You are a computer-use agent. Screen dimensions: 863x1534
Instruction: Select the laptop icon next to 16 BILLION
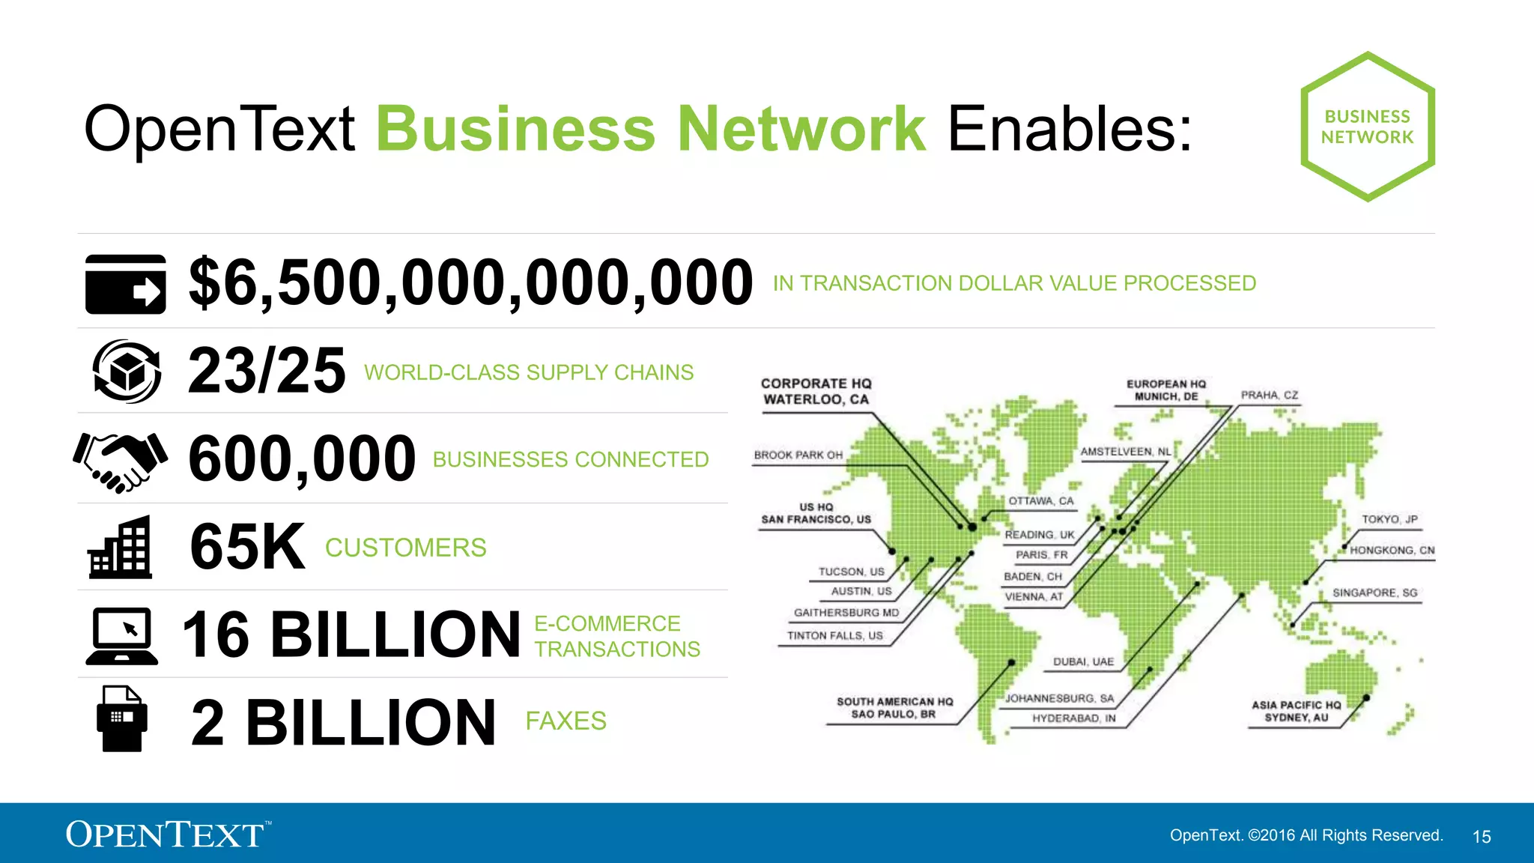(x=122, y=636)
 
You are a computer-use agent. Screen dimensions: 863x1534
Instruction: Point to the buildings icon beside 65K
(x=120, y=548)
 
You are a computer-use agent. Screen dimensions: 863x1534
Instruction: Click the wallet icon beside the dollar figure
(x=125, y=284)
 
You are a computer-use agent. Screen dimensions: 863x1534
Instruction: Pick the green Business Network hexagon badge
(x=1367, y=127)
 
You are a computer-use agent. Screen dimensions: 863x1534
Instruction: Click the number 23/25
(x=267, y=371)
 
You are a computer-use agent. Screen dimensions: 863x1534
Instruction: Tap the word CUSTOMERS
(x=405, y=548)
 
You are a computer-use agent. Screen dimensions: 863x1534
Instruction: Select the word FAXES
(x=566, y=721)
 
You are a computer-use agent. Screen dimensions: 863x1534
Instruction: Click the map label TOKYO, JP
(x=1389, y=519)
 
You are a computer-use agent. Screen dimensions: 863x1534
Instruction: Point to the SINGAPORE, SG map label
(x=1374, y=593)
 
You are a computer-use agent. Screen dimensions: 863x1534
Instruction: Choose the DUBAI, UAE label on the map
(x=1083, y=661)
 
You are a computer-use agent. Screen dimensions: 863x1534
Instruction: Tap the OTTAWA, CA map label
(x=1040, y=500)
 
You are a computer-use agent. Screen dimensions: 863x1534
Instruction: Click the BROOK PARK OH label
(x=798, y=455)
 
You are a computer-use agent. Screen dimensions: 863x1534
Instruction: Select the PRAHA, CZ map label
(x=1269, y=395)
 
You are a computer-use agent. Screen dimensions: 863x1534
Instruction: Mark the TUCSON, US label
(x=851, y=572)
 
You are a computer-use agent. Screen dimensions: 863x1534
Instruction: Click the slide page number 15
(x=1482, y=837)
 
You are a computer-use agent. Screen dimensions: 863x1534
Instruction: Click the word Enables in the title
(x=1070, y=129)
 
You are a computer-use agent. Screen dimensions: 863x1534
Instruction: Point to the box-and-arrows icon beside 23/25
(x=126, y=371)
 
